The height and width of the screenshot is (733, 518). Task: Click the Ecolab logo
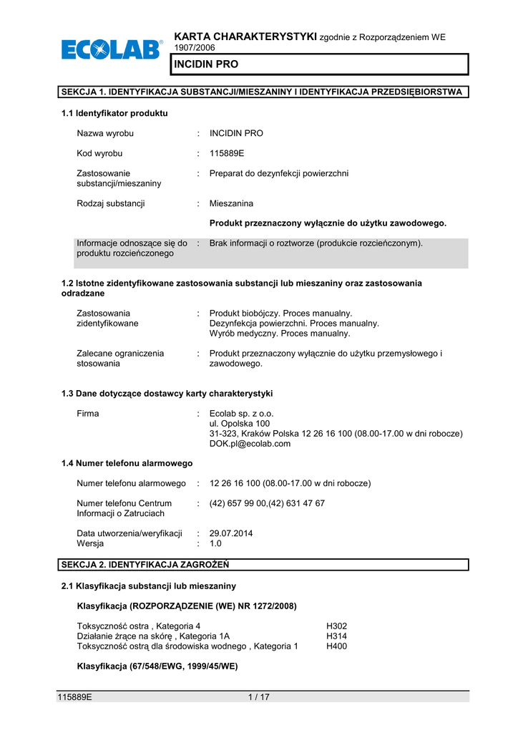112,50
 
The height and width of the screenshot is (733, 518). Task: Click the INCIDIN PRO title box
319,64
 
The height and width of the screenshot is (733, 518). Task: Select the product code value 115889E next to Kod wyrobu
227,153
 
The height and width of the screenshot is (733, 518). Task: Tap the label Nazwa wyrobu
105,133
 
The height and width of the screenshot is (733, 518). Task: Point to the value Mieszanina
231,203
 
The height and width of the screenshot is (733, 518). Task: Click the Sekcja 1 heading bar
264,92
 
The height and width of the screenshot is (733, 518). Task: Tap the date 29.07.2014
231,533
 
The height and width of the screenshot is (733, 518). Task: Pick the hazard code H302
336,626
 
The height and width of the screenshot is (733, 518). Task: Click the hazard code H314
336,636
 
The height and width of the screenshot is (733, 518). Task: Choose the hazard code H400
336,646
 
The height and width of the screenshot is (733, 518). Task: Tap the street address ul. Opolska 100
240,424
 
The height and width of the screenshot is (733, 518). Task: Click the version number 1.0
216,543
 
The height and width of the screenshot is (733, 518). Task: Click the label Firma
88,414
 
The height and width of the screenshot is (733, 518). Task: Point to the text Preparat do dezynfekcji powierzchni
279,173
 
